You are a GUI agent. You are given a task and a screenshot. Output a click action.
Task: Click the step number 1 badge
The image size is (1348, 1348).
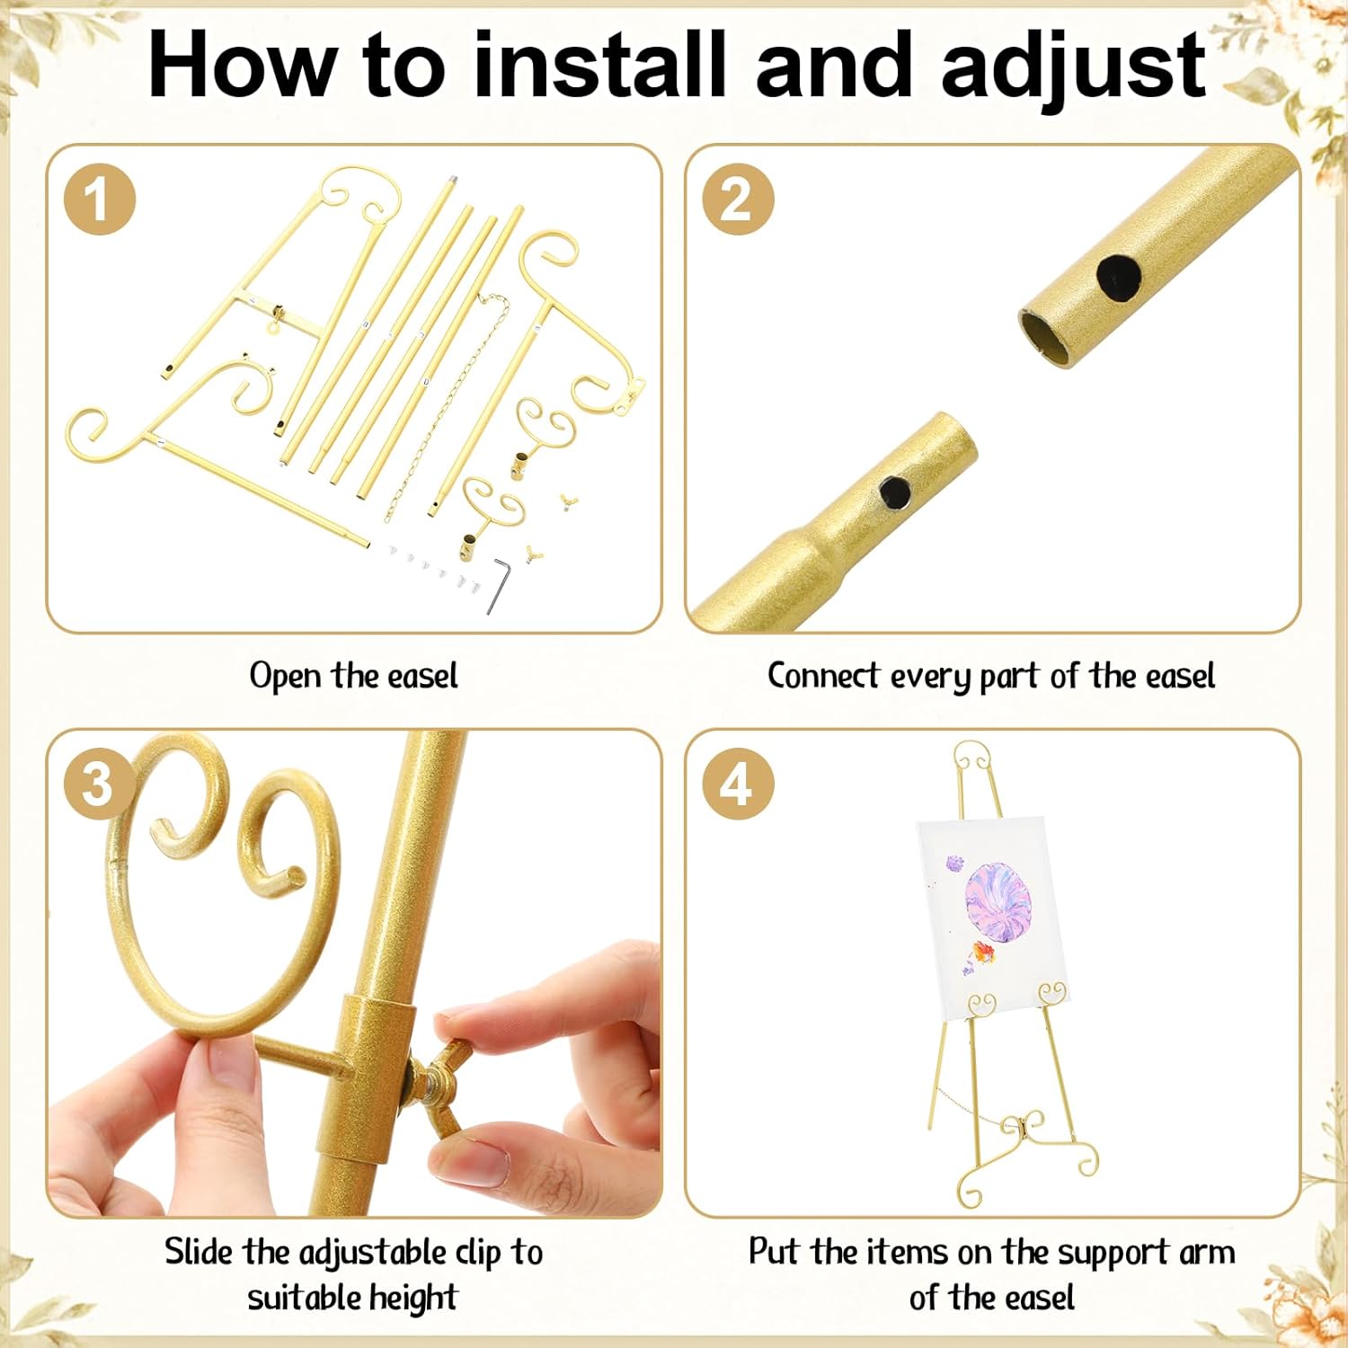pyautogui.click(x=100, y=199)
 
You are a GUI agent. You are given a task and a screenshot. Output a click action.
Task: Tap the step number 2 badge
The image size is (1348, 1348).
pyautogui.click(x=737, y=199)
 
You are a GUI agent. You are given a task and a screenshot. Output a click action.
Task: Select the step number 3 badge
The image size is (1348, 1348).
pyautogui.click(x=100, y=783)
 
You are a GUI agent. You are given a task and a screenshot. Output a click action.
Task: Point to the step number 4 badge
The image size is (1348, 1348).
pyautogui.click(x=737, y=783)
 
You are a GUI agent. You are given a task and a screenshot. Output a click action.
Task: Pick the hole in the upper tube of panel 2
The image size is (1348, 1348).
pyautogui.click(x=1119, y=276)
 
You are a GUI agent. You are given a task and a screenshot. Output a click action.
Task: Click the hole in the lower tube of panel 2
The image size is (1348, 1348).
pyautogui.click(x=895, y=492)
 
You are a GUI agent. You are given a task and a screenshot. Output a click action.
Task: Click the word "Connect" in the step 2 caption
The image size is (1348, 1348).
pyautogui.click(x=823, y=675)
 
